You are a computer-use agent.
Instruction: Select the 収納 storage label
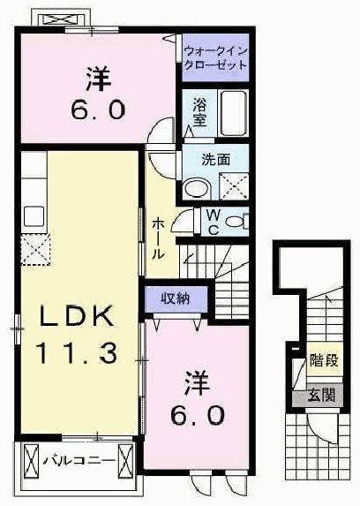[176, 298]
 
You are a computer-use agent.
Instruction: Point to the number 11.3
[77, 354]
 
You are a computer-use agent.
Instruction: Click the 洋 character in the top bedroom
[98, 79]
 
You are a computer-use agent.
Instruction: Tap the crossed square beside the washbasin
[231, 185]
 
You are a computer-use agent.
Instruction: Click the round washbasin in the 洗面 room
[196, 186]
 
